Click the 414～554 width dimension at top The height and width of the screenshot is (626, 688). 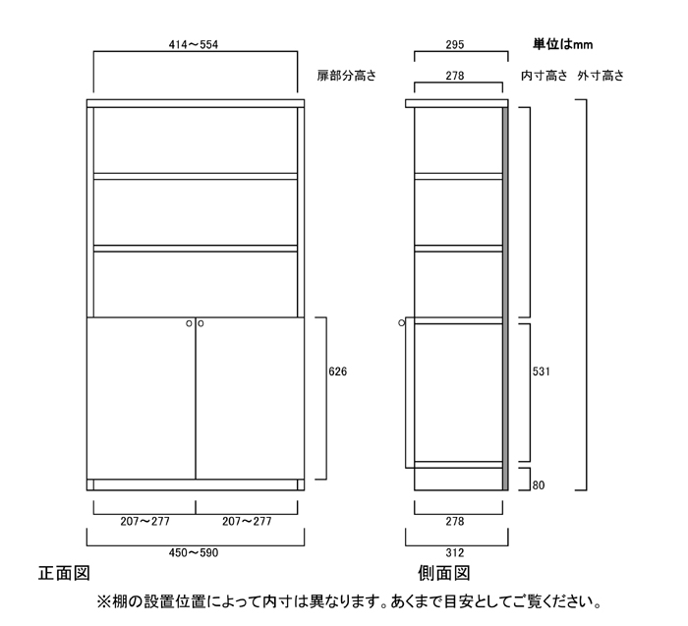(194, 45)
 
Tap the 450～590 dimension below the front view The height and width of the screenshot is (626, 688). (194, 552)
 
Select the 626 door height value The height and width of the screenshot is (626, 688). (337, 371)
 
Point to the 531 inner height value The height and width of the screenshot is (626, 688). (541, 371)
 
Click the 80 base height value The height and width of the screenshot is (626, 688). (539, 485)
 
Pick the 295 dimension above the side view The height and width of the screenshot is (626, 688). (455, 45)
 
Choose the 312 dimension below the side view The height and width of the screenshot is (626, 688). (455, 552)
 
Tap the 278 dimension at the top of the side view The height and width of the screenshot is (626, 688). (455, 76)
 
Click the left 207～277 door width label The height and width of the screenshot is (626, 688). (144, 521)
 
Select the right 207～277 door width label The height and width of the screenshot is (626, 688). (247, 521)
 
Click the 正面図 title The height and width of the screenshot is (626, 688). (64, 573)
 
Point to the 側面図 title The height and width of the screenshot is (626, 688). (444, 573)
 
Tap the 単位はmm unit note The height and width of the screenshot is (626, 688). (563, 44)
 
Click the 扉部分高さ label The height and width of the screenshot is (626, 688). (347, 76)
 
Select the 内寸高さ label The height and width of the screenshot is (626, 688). (545, 76)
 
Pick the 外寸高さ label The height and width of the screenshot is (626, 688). (601, 76)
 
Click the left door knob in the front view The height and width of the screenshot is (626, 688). (189, 323)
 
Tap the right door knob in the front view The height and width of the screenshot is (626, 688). (201, 323)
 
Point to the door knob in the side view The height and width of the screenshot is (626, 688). (401, 323)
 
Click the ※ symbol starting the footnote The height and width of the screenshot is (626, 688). (103, 601)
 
